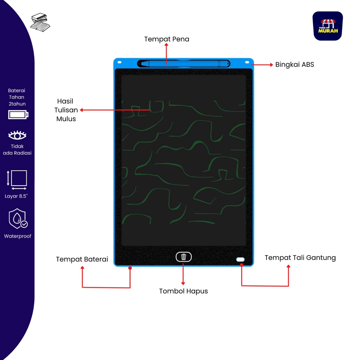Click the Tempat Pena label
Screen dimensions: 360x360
pos(167,39)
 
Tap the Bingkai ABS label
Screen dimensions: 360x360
pos(295,65)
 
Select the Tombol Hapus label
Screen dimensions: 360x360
pos(183,291)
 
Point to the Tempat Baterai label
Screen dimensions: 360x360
pos(82,259)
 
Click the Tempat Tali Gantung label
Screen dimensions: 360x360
pos(300,258)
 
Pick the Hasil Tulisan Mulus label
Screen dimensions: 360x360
pos(66,110)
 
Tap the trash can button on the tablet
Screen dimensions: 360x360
pos(184,257)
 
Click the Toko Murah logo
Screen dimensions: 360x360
pos(328,26)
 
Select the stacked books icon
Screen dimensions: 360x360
pos(40,22)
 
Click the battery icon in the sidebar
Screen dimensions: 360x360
pos(18,115)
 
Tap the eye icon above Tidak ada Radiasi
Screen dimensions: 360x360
pos(18,135)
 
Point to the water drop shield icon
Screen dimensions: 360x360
pos(18,219)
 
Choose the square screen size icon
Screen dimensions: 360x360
pos(18,179)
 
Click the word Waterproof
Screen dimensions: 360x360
pos(18,236)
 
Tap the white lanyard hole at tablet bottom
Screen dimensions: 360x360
pos(240,259)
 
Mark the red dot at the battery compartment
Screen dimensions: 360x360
pos(130,268)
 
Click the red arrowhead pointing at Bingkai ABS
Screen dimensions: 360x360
pos(271,65)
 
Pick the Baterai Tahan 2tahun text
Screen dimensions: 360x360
pos(17,97)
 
